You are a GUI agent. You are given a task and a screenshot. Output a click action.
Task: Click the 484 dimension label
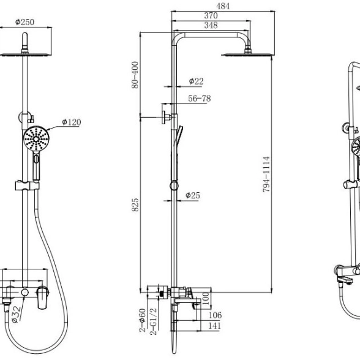pos(223,6)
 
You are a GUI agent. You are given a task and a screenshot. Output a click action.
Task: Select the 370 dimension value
pos(211,16)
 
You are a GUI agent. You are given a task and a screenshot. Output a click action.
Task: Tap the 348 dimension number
pos(211,25)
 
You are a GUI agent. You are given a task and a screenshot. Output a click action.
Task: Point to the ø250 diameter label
pos(24,22)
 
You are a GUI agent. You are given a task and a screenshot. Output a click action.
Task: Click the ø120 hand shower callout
pos(72,122)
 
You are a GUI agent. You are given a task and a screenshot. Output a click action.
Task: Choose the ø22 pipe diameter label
pos(196,81)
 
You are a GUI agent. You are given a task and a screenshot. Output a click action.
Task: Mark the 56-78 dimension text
pos(200,99)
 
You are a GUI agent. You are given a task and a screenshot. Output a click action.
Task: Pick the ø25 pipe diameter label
pos(193,196)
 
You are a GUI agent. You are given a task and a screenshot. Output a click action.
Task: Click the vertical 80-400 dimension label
pos(135,75)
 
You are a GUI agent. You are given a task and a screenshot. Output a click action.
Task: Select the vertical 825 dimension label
pos(135,204)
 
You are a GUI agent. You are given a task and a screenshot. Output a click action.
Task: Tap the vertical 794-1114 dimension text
pos(266,174)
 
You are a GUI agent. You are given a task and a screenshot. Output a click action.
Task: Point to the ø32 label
pos(16,315)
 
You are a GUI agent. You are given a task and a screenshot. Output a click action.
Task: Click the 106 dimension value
pos(215,315)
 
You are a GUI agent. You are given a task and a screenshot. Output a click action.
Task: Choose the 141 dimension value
pos(214,326)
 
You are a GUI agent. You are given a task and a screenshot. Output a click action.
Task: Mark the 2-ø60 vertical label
pos(142,320)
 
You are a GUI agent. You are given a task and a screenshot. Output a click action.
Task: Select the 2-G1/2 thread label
pos(153,321)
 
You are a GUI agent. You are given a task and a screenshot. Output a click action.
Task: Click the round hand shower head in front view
pos(36,138)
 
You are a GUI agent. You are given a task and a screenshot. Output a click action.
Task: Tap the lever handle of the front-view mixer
pos(43,297)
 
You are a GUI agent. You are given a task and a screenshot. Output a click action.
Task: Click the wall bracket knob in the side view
pos(163,118)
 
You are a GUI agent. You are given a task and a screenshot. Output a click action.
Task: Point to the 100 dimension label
pos(206,298)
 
